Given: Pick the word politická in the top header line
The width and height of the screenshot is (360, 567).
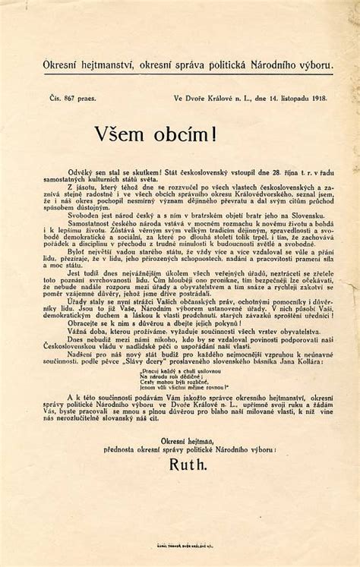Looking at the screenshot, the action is click(235, 67).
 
